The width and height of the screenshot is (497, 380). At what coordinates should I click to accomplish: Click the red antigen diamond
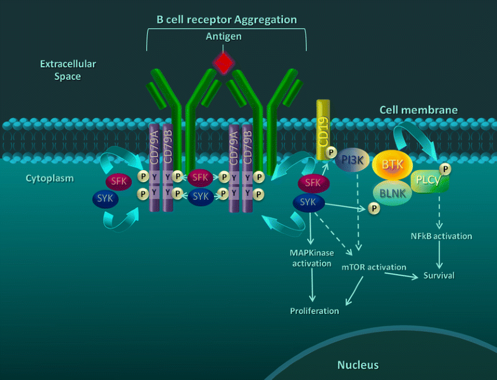(223, 62)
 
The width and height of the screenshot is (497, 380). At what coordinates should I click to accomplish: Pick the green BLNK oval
(393, 190)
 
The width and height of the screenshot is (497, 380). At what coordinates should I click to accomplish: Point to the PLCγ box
(427, 181)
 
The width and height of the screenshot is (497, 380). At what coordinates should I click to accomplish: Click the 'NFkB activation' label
(441, 236)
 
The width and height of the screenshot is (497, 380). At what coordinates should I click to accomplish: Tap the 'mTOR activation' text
(374, 267)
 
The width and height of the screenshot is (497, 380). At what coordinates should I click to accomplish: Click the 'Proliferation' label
(315, 311)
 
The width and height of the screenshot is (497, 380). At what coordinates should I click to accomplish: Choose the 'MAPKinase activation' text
(311, 258)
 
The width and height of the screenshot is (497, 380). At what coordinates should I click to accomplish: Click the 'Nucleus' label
(358, 365)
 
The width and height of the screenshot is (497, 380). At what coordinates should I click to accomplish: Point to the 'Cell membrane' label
(418, 110)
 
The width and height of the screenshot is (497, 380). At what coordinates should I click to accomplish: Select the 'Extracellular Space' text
(61, 70)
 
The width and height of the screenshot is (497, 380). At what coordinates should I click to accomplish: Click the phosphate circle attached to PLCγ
(446, 169)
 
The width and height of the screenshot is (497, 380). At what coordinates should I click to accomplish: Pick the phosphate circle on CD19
(330, 152)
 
